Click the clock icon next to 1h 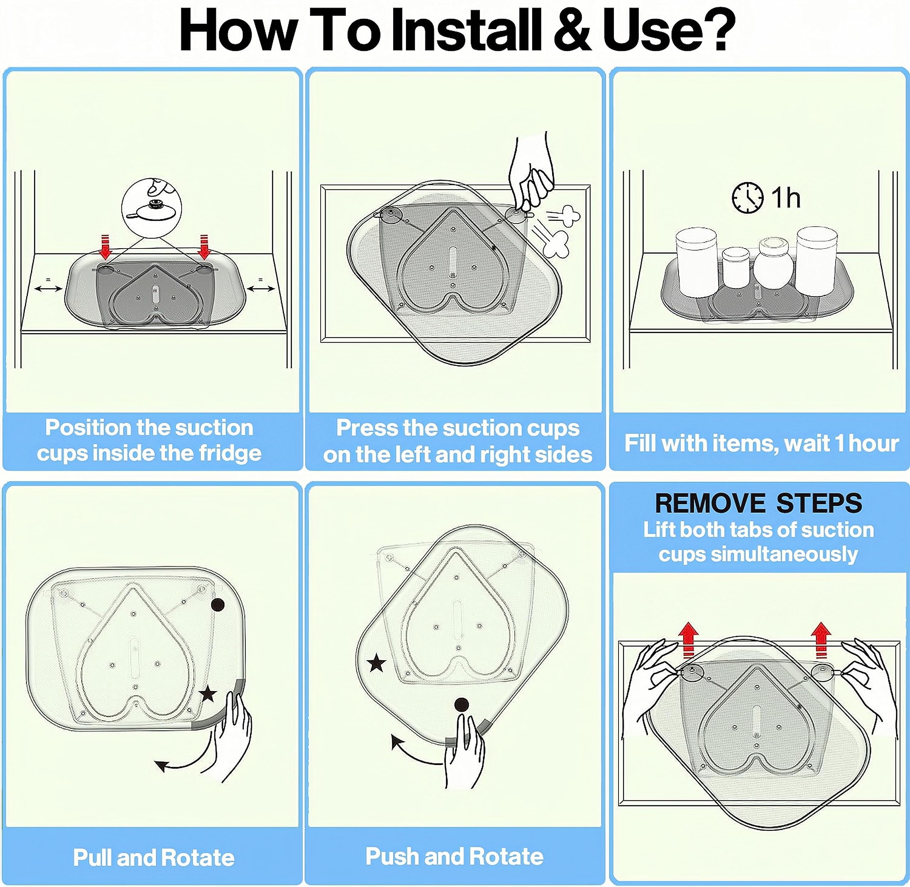click(748, 198)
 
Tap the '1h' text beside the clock click(786, 198)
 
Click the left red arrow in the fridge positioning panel click(106, 247)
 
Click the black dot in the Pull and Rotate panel click(218, 605)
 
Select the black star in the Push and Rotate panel click(376, 663)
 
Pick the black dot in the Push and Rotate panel click(461, 704)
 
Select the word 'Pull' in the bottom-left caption click(92, 857)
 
